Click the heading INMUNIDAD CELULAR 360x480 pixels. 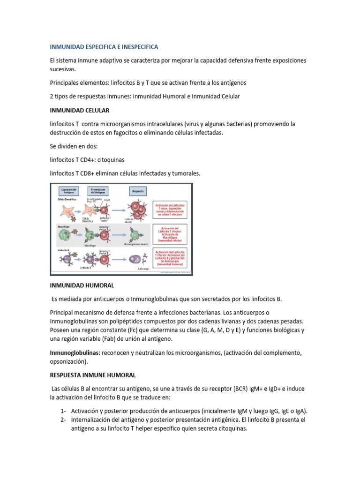pos(79,110)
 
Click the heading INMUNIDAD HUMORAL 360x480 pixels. pos(82,285)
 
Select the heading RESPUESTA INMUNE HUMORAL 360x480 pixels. pos(93,375)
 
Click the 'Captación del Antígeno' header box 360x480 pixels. pos(69,191)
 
